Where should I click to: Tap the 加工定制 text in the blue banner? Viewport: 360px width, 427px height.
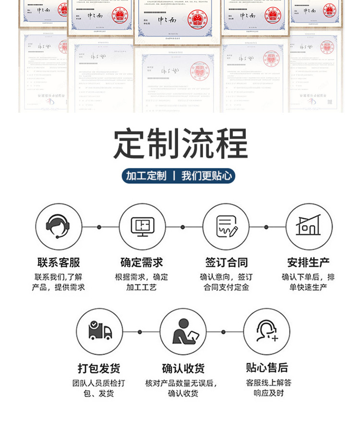click(x=146, y=176)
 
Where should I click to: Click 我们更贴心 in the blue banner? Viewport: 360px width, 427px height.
click(x=206, y=176)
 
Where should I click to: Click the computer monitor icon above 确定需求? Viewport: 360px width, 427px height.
click(x=143, y=226)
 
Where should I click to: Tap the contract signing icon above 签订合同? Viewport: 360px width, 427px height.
click(x=226, y=226)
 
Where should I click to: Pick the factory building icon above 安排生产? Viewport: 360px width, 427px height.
click(x=309, y=226)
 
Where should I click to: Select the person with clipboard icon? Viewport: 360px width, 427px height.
click(x=183, y=332)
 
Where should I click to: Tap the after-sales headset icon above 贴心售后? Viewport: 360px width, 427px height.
click(x=266, y=332)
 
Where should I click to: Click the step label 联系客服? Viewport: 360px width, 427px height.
click(x=59, y=262)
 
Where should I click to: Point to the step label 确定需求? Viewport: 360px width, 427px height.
click(x=142, y=262)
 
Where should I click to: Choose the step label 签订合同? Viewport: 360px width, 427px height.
click(x=226, y=262)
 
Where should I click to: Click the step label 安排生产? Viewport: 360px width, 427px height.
click(x=309, y=262)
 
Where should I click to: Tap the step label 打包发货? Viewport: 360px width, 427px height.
click(x=99, y=368)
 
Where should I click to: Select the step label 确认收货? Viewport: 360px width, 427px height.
click(x=183, y=368)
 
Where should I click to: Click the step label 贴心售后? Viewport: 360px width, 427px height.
click(x=267, y=368)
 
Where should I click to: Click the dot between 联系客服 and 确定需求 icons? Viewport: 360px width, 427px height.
click(x=99, y=227)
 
